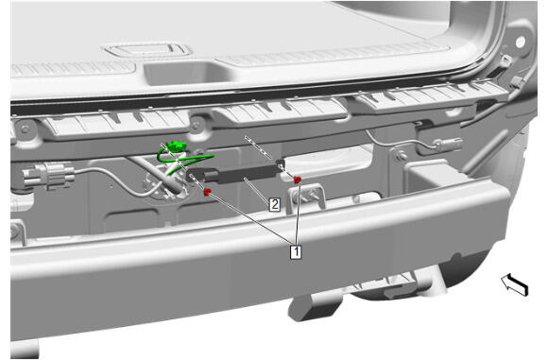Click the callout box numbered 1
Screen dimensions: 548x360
pyautogui.click(x=296, y=252)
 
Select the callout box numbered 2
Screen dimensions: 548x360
pyautogui.click(x=275, y=204)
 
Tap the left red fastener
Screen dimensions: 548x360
pyautogui.click(x=207, y=192)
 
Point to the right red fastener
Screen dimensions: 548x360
pyautogui.click(x=298, y=180)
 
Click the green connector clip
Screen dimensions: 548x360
pyautogui.click(x=176, y=146)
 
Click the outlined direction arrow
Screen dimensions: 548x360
pyautogui.click(x=515, y=284)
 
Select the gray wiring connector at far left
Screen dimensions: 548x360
pyautogui.click(x=48, y=175)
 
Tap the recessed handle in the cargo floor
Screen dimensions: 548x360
pyautogui.click(x=148, y=51)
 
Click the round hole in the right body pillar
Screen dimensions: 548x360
pyautogui.click(x=521, y=43)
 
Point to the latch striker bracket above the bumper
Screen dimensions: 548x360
pyautogui.click(x=306, y=198)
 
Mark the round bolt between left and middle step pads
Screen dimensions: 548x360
pyautogui.click(x=197, y=124)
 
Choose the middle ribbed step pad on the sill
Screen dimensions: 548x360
pyautogui.click(x=279, y=111)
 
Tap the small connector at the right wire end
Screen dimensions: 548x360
pyautogui.click(x=449, y=143)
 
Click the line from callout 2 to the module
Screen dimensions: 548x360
pyautogui.click(x=258, y=189)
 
